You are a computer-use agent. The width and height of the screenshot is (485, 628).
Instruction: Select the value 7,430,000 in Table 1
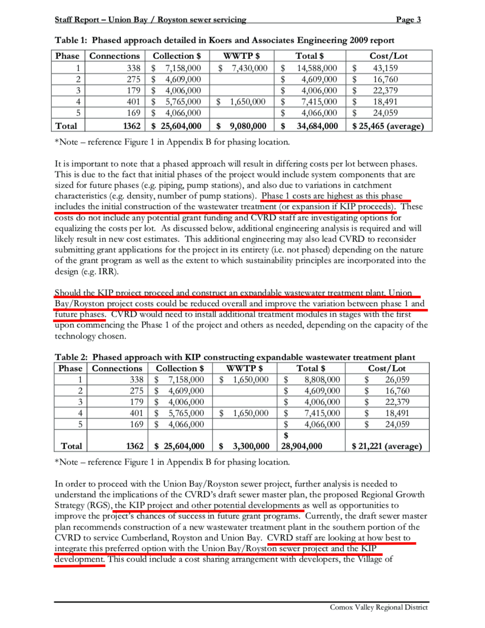(249, 68)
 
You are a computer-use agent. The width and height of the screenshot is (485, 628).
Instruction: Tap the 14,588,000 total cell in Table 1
(317, 68)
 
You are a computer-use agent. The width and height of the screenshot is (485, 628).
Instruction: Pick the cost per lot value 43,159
(385, 68)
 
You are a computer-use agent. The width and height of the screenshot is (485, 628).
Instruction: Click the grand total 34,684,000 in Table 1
(317, 126)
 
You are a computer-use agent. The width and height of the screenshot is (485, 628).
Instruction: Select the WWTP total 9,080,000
(248, 126)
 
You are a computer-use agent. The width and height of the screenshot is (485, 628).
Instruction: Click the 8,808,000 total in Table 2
(322, 380)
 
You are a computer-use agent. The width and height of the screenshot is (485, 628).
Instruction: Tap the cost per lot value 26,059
(397, 380)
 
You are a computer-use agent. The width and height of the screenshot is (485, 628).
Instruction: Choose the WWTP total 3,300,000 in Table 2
(251, 446)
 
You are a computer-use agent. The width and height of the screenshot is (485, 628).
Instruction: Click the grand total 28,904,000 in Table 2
(302, 446)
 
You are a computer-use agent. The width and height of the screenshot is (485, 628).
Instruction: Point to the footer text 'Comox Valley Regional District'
(378, 607)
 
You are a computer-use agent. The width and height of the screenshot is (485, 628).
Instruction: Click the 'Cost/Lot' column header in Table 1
(389, 56)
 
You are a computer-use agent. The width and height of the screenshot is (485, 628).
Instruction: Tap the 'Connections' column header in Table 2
(117, 368)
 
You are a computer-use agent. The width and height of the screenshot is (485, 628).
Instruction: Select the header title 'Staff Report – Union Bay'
(101, 19)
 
